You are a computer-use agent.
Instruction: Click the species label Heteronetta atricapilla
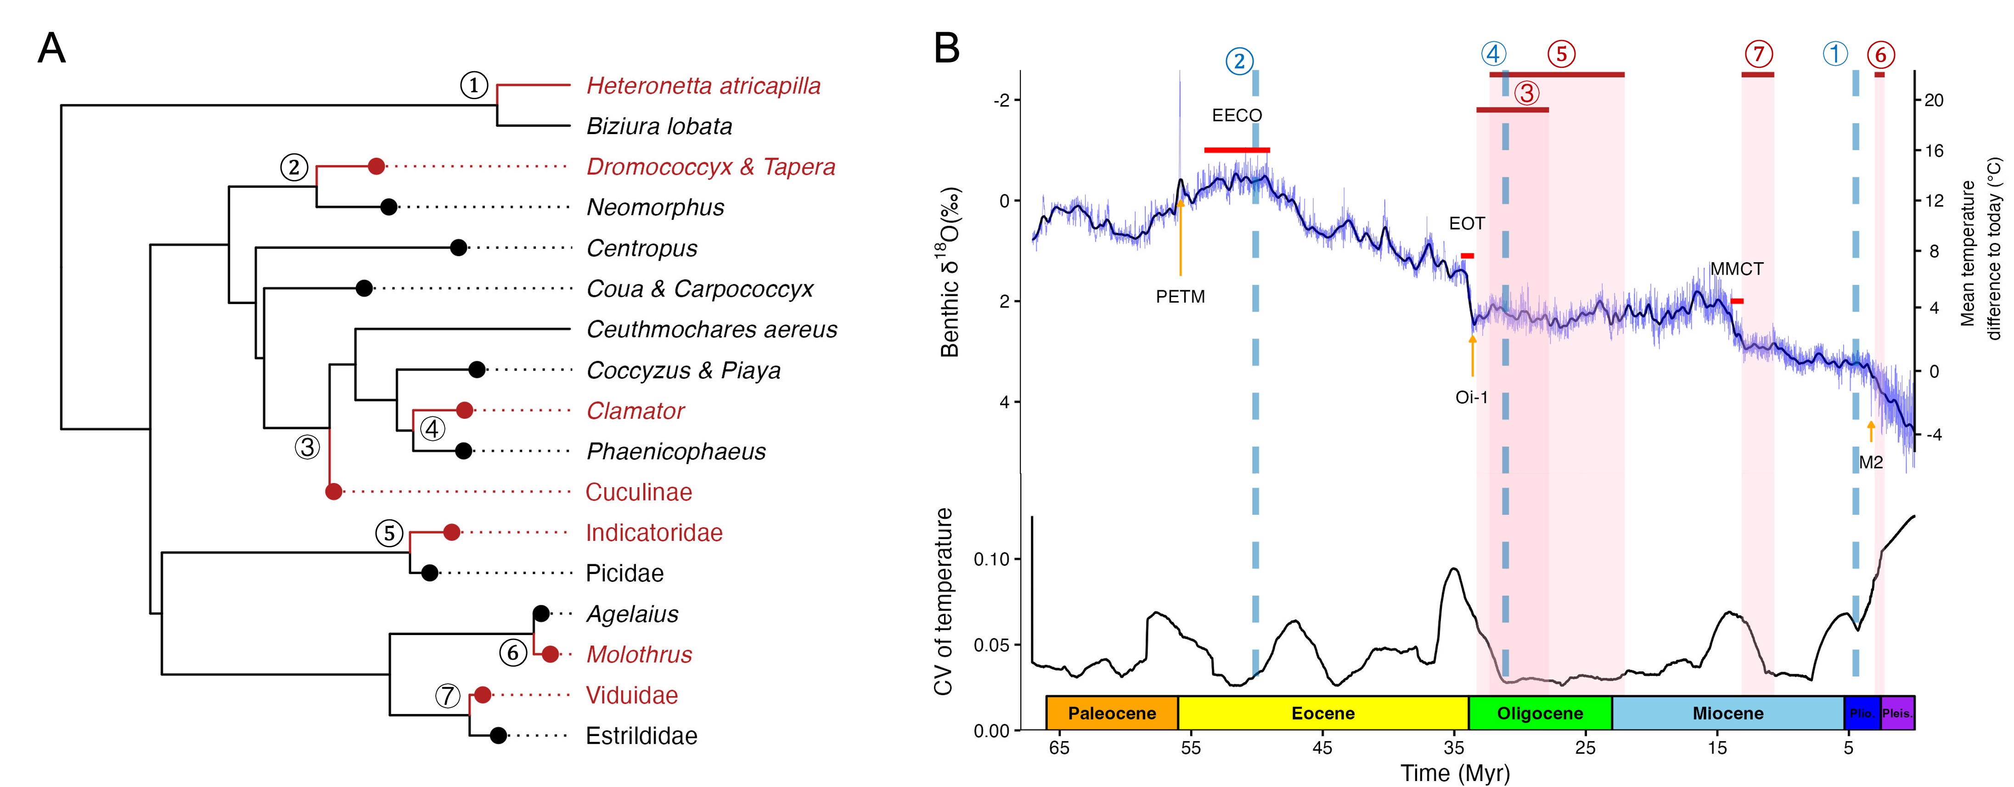(x=703, y=86)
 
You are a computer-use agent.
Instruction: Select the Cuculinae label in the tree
(x=639, y=492)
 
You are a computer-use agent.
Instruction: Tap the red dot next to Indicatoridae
(x=451, y=532)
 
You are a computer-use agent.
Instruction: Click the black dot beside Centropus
(x=459, y=248)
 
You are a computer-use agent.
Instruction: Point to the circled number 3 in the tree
(x=307, y=447)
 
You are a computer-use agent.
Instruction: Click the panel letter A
(x=51, y=49)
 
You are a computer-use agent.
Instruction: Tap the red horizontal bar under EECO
(x=1237, y=149)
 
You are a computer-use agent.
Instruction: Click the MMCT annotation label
(x=1737, y=269)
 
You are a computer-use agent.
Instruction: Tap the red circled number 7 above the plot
(x=1758, y=54)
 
